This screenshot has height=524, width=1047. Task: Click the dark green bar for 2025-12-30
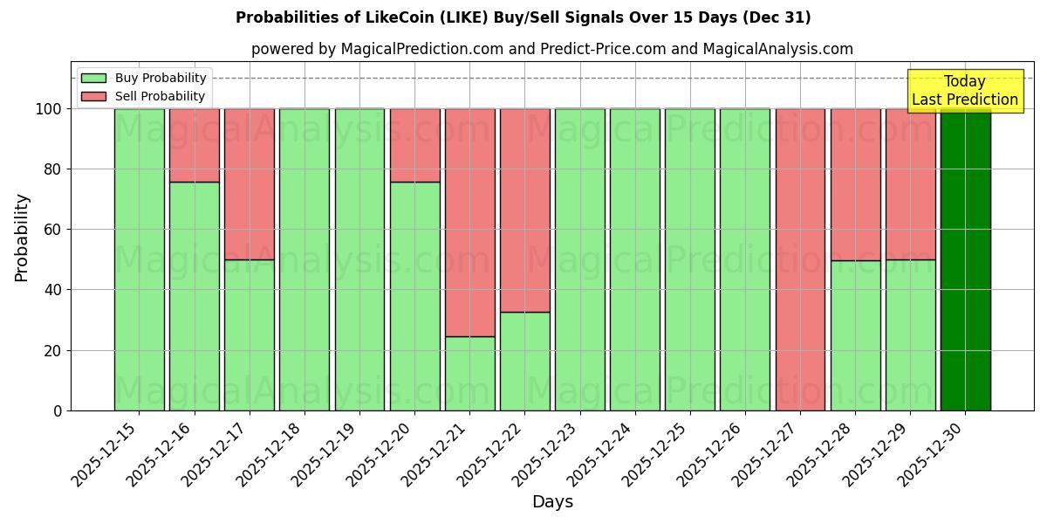[965, 259]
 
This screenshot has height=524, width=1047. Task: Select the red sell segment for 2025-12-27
[800, 259]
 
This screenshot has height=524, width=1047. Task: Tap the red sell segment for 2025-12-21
[469, 222]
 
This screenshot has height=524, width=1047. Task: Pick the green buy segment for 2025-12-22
[524, 361]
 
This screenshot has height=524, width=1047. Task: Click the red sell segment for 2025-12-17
[250, 183]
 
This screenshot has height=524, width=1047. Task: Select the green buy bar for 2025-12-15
[139, 259]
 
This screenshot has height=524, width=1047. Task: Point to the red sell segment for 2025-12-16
[194, 145]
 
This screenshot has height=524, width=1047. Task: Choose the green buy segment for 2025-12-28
[855, 335]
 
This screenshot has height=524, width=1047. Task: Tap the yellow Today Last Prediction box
[965, 91]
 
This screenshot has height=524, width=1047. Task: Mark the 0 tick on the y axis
[58, 410]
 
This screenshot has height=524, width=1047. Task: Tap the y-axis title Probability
[22, 238]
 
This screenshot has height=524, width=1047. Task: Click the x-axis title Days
[552, 502]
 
